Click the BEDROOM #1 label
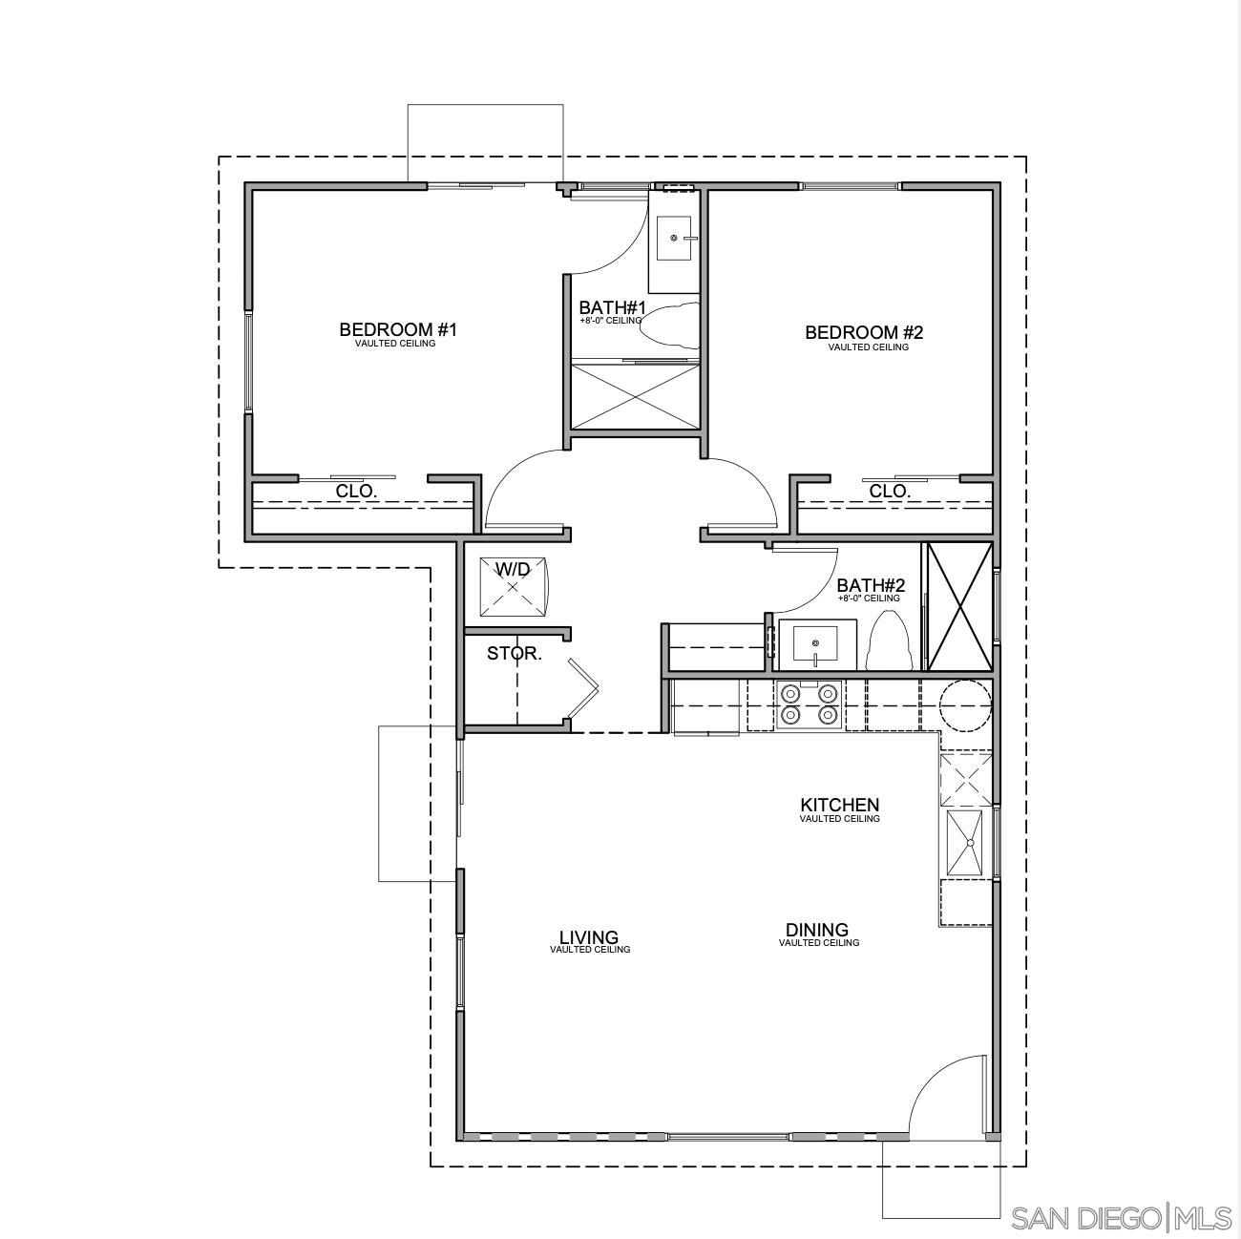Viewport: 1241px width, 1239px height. click(398, 330)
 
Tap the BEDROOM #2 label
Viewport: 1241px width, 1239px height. click(864, 333)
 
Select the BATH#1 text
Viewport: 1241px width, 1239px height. click(612, 308)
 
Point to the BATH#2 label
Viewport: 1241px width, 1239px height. click(871, 585)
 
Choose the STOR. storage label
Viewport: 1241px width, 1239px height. click(515, 654)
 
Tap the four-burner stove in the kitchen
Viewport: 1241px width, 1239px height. click(810, 704)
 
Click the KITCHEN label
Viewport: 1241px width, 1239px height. click(839, 806)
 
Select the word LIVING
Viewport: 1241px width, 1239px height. click(589, 937)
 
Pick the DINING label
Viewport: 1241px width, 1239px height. click(817, 930)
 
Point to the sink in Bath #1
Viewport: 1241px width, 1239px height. click(676, 238)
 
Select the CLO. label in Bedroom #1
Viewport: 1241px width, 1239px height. click(357, 492)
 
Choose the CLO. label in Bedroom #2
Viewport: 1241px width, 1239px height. click(890, 492)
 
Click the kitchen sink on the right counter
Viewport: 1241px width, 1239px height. click(968, 842)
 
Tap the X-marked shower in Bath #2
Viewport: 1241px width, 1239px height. click(959, 605)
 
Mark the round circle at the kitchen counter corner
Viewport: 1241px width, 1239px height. click(965, 705)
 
